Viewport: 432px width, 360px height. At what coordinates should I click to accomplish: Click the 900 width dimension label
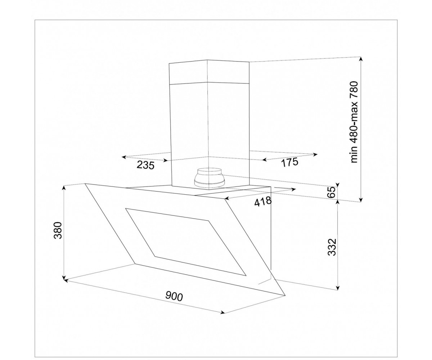[174, 297]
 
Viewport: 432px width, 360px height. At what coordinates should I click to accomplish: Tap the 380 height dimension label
[58, 230]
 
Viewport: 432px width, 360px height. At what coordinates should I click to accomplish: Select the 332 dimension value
[332, 247]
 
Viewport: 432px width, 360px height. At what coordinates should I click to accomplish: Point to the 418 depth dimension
[263, 202]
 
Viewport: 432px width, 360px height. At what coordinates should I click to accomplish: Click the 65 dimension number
[332, 192]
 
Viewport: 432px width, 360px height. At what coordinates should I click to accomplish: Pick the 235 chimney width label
[146, 165]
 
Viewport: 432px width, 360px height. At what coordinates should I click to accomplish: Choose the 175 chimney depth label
[290, 162]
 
